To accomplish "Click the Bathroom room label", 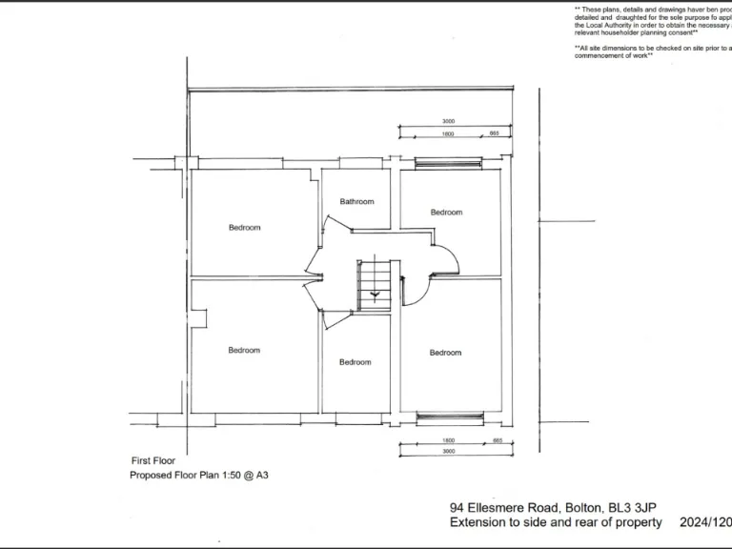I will pos(356,201).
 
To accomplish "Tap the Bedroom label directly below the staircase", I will pos(355,362).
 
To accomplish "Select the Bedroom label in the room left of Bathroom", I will pos(244,228).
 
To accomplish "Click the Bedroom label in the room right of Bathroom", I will pos(445,212).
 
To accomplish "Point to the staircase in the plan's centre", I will pos(374,283).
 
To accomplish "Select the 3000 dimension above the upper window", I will pos(448,122).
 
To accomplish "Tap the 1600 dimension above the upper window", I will pos(448,134).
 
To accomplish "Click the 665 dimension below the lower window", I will pos(496,439).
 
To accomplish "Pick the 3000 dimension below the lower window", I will pos(448,451).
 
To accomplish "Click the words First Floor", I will pos(152,460).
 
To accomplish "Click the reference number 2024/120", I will pos(704,522).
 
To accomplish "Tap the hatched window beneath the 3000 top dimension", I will pos(448,162).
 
